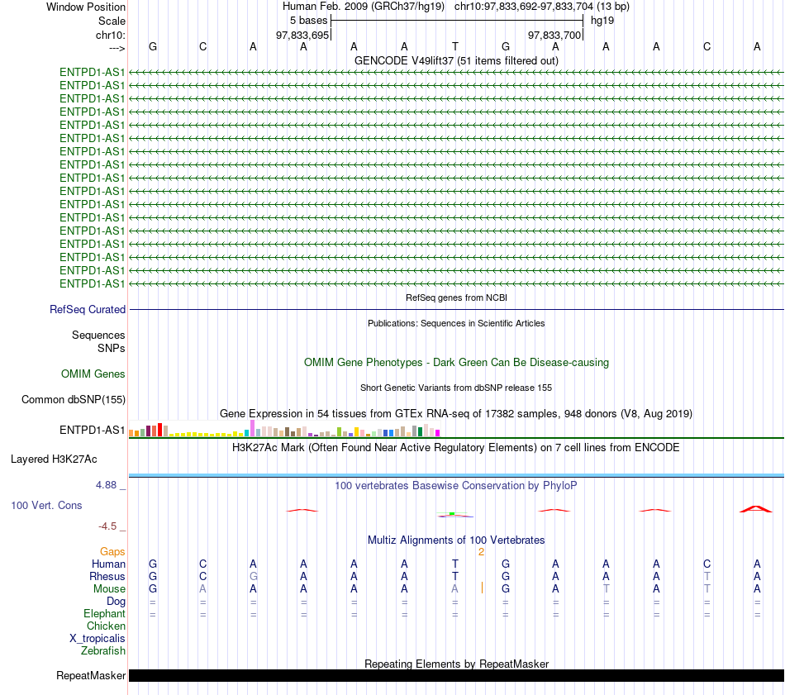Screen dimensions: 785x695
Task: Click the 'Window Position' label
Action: pyautogui.click(x=86, y=7)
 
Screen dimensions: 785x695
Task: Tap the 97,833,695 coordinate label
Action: pyautogui.click(x=302, y=35)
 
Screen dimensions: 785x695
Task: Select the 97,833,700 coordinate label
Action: pyautogui.click(x=554, y=35)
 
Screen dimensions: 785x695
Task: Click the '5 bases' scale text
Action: pyautogui.click(x=308, y=21)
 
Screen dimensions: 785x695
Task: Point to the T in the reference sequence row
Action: pyautogui.click(x=455, y=46)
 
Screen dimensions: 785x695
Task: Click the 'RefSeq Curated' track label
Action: pyautogui.click(x=88, y=309)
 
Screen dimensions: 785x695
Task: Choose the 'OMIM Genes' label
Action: pyautogui.click(x=93, y=374)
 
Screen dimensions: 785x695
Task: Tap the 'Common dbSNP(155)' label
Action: pyautogui.click(x=73, y=400)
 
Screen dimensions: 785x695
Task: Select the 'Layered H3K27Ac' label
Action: pyautogui.click(x=54, y=459)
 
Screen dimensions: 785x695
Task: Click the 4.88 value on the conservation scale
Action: pyautogui.click(x=106, y=485)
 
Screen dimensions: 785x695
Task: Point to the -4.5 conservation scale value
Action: pyautogui.click(x=107, y=526)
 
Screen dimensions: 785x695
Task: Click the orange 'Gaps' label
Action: pyautogui.click(x=112, y=552)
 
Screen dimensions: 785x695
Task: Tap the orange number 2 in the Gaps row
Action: pyautogui.click(x=481, y=552)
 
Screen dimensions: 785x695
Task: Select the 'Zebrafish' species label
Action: pyautogui.click(x=103, y=651)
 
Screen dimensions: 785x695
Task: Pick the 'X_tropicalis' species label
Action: pyautogui.click(x=98, y=639)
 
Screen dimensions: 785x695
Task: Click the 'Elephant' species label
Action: pyautogui.click(x=105, y=614)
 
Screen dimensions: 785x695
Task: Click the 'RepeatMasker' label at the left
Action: pyautogui.click(x=91, y=675)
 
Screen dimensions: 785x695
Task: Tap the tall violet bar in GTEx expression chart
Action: pyautogui.click(x=252, y=428)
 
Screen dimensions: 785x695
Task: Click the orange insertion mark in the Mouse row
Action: pyautogui.click(x=482, y=588)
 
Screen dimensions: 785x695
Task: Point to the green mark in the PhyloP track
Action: pyautogui.click(x=451, y=514)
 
